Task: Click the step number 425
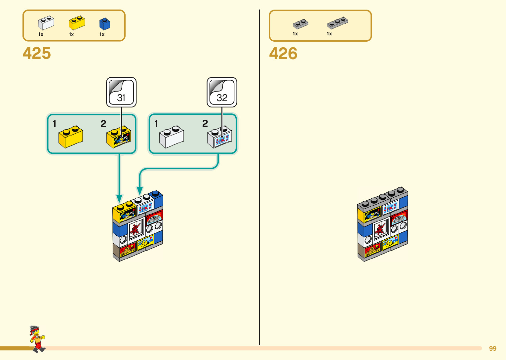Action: (37, 53)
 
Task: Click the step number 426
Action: (283, 54)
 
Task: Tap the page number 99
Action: (492, 348)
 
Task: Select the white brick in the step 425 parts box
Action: (46, 23)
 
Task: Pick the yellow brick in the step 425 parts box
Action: (76, 23)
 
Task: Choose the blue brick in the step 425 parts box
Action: (104, 24)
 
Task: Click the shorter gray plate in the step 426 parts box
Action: (300, 24)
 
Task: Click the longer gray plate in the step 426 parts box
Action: (337, 23)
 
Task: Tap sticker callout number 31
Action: (121, 92)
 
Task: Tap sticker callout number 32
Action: (222, 92)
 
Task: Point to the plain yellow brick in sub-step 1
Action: (70, 137)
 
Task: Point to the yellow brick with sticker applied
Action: (119, 137)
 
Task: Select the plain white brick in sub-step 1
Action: (172, 137)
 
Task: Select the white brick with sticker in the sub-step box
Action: (219, 137)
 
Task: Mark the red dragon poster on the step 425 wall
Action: (135, 228)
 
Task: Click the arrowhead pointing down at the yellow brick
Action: (119, 198)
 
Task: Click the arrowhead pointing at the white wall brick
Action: (140, 191)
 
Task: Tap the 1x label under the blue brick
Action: (102, 34)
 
